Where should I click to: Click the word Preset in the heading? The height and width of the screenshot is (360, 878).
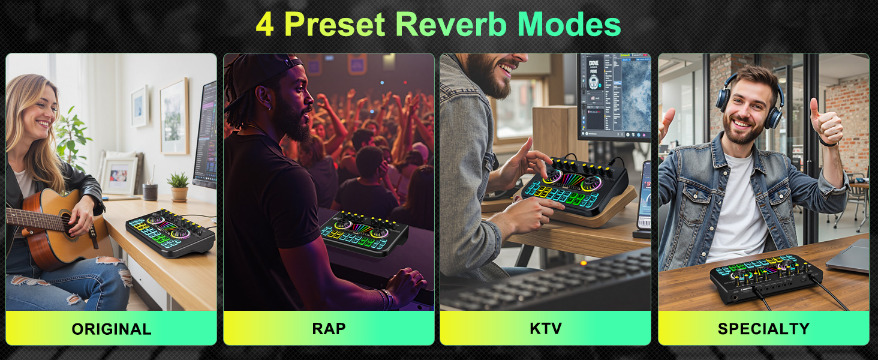335,25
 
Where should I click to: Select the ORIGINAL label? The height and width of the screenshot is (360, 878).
111,329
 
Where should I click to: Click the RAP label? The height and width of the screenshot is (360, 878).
329,329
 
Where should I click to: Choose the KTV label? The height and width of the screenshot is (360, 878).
545,329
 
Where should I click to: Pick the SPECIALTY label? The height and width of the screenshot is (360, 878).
763,329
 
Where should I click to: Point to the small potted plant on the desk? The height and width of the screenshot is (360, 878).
178,187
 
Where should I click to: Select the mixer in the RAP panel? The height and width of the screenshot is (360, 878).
363,233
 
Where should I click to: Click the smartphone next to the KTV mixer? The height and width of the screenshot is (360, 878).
643,195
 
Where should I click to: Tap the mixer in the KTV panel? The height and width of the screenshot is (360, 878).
574,185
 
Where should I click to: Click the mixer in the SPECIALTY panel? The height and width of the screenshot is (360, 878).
765,278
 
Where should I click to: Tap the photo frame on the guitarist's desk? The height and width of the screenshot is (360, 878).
119,175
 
